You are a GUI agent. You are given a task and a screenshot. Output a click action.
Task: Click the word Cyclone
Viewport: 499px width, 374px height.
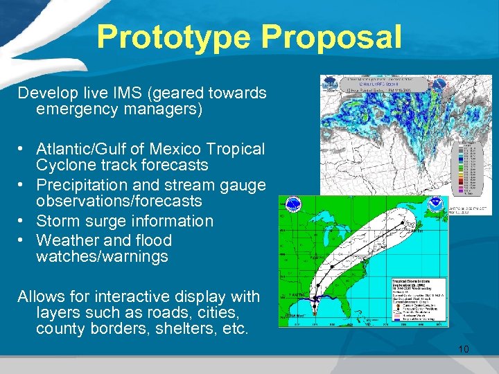[64, 165]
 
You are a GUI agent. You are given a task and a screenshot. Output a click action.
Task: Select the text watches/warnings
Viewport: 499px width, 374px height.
[102, 256]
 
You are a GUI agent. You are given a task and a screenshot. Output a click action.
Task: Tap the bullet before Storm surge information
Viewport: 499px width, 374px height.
[24, 221]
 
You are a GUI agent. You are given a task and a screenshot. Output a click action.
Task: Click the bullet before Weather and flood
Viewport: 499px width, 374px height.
[24, 240]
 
